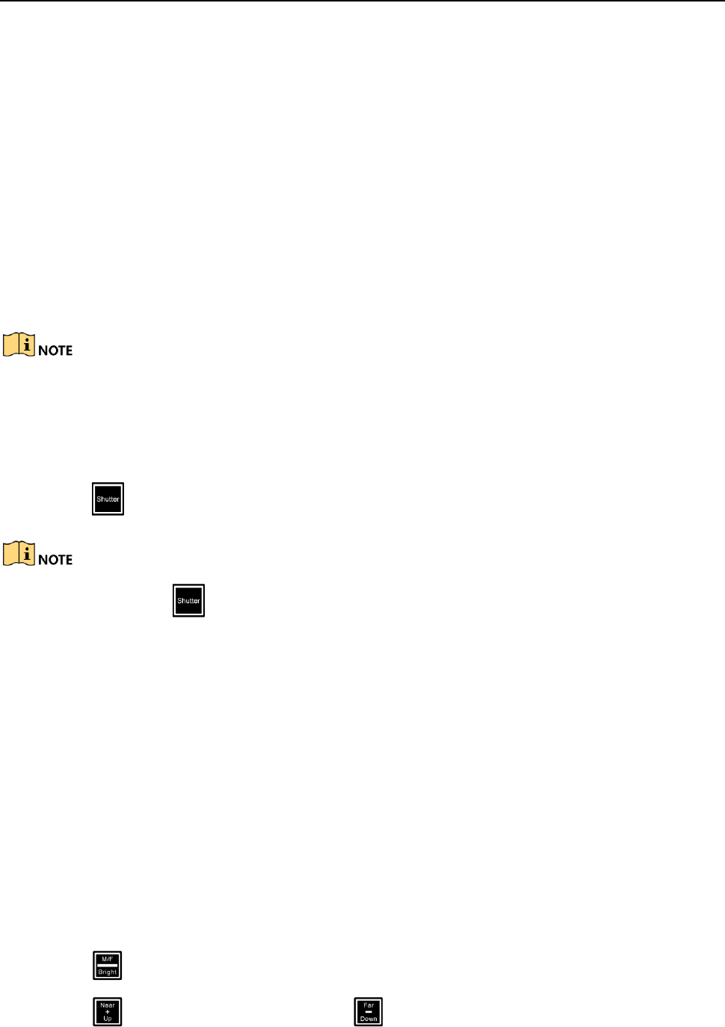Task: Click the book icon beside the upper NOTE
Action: pyautogui.click(x=19, y=345)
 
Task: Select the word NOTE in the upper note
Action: pyautogui.click(x=55, y=351)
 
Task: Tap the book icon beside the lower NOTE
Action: pyautogui.click(x=19, y=554)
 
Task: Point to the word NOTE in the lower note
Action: pyautogui.click(x=55, y=560)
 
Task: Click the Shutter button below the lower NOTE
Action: pyautogui.click(x=188, y=600)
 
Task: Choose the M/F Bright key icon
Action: pyautogui.click(x=107, y=965)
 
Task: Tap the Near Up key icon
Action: pyautogui.click(x=107, y=1011)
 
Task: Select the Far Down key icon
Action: pyautogui.click(x=368, y=1011)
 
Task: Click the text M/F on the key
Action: pyautogui.click(x=107, y=959)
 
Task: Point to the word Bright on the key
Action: pyautogui.click(x=107, y=972)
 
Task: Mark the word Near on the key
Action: pyautogui.click(x=107, y=1005)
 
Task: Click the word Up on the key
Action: pyautogui.click(x=107, y=1018)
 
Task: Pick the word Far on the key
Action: pyautogui.click(x=368, y=1005)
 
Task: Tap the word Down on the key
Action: pyautogui.click(x=368, y=1018)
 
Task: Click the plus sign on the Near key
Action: pyautogui.click(x=107, y=1012)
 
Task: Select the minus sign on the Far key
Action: pyautogui.click(x=368, y=1012)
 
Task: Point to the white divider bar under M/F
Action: pyautogui.click(x=107, y=965)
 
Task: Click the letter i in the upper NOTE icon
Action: pyautogui.click(x=27, y=344)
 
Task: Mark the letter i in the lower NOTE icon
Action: pyautogui.click(x=27, y=553)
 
